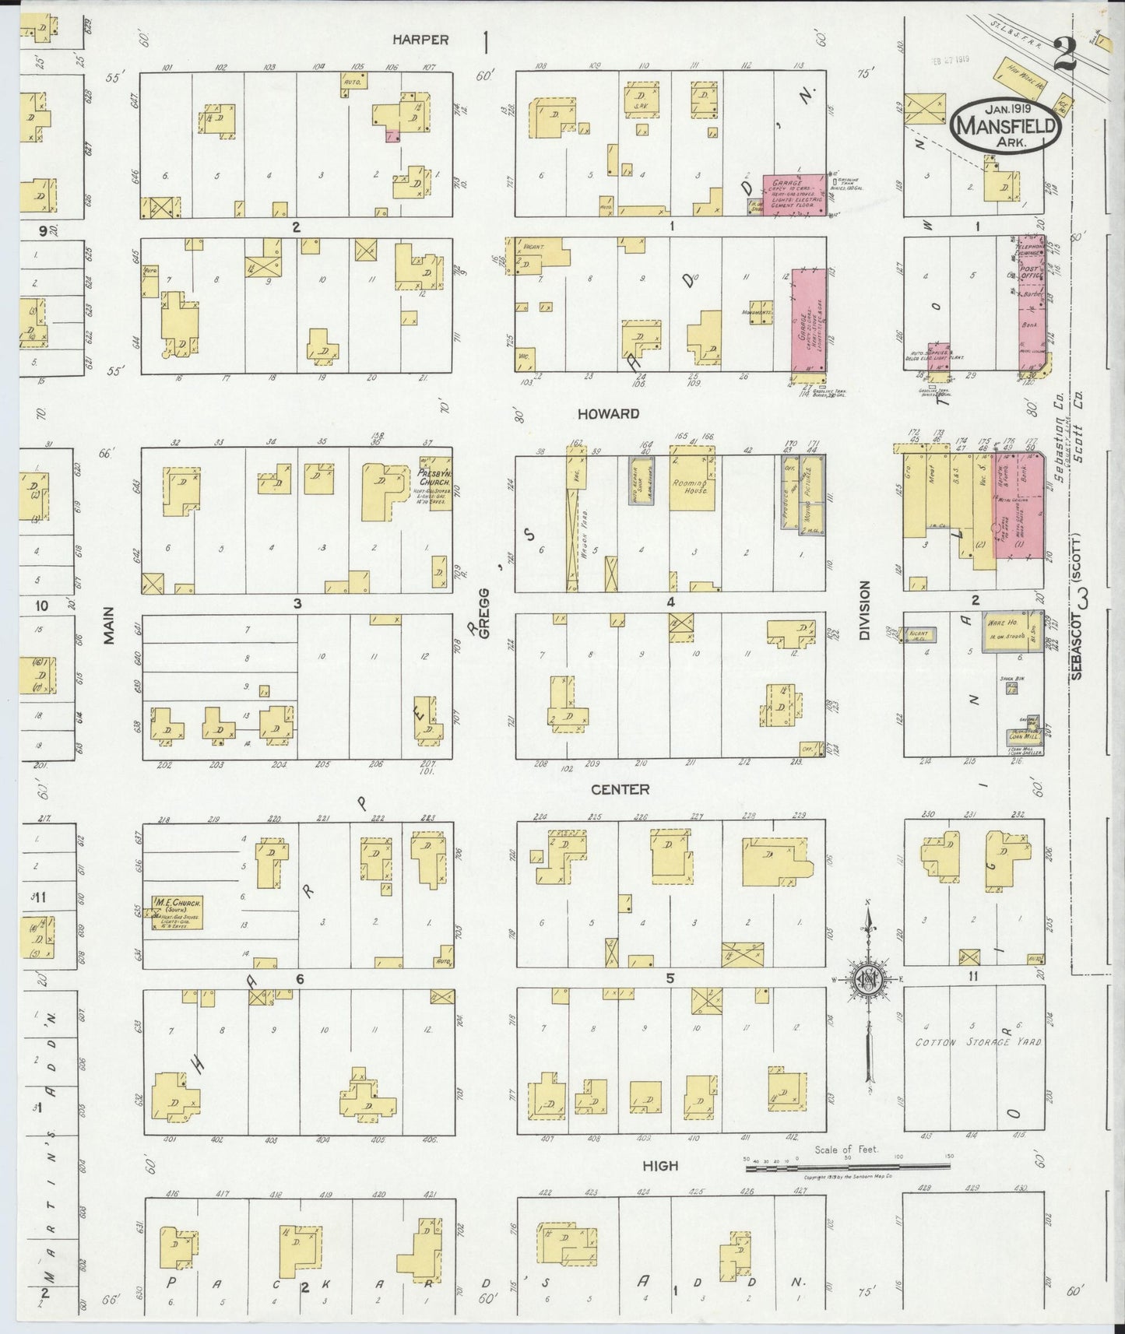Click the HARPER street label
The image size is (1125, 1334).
420,39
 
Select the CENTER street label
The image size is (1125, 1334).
620,789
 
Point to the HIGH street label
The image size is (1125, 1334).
660,1165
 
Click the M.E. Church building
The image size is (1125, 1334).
178,910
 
